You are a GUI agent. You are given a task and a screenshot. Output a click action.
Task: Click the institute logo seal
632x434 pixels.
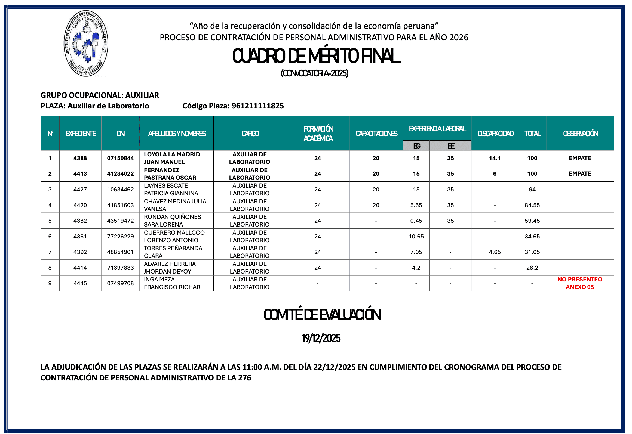[86, 44]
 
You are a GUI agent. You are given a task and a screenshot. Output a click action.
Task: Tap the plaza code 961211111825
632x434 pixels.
[257, 106]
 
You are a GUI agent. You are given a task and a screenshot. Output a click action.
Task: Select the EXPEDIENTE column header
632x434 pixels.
[81, 134]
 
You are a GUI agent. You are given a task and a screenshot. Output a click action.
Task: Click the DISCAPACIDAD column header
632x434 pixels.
[495, 134]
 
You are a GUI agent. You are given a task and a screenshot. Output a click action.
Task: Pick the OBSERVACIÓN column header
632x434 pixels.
[580, 134]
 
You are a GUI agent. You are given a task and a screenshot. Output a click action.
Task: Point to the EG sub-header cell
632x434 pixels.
[416, 146]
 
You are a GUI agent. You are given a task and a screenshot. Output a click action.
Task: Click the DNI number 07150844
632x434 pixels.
[120, 158]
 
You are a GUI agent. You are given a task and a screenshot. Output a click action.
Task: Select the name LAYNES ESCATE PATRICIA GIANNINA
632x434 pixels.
[171, 189]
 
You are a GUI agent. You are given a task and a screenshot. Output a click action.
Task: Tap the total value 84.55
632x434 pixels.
[532, 205]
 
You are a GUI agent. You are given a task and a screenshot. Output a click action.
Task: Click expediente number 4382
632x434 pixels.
[80, 221]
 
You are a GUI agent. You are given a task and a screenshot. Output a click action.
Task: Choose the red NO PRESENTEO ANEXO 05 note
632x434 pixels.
[580, 283]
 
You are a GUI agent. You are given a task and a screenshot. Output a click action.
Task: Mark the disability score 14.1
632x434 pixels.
[495, 158]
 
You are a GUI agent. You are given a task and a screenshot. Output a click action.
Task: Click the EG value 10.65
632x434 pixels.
[416, 237]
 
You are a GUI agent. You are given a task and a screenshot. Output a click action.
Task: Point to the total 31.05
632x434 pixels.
[532, 252]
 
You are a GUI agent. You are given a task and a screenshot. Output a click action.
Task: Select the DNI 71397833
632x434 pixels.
[120, 268]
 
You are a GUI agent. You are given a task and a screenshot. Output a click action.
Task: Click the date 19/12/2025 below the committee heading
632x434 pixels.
[321, 338]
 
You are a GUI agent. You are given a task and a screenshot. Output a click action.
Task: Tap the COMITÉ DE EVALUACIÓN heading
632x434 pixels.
[322, 315]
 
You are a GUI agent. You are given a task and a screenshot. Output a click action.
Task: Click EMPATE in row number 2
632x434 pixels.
[580, 174]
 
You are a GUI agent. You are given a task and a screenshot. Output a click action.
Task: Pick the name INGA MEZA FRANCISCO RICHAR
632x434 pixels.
[172, 283]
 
